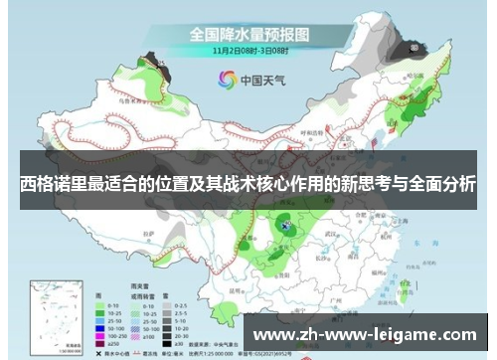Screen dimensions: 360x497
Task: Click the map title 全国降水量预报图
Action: click(249, 34)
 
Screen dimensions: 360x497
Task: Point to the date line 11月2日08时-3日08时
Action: click(249, 49)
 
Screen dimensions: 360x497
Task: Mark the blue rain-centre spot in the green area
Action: click(286, 228)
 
